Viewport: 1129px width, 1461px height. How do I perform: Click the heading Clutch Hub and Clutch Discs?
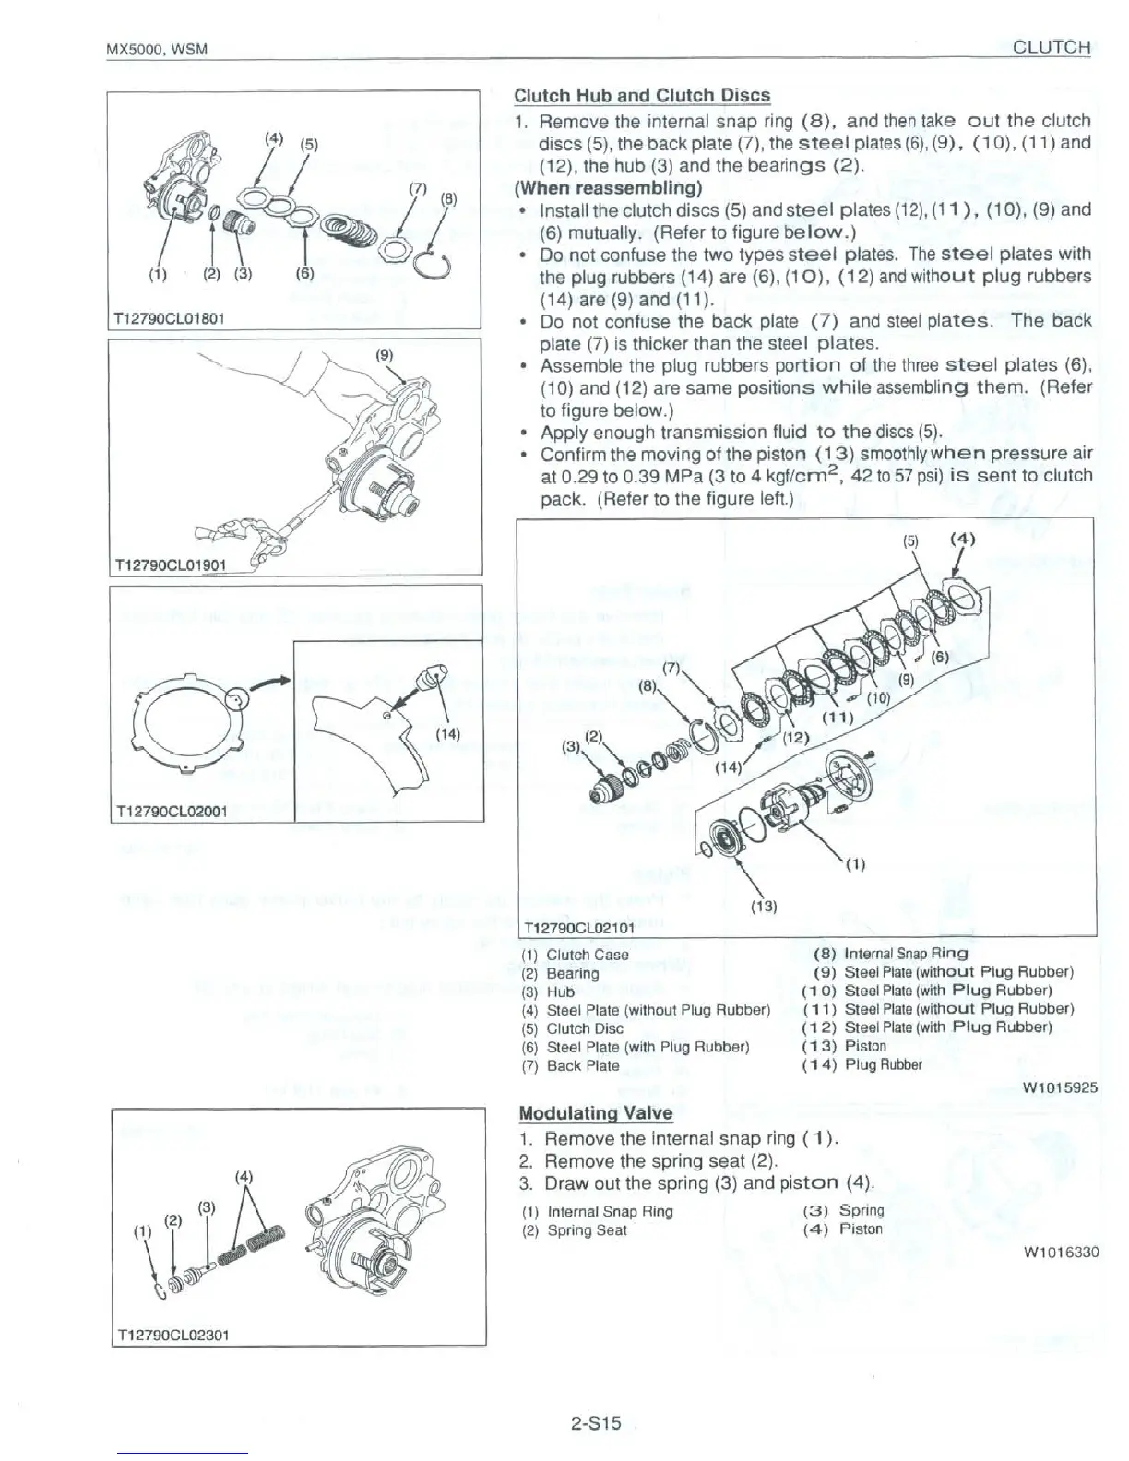(641, 96)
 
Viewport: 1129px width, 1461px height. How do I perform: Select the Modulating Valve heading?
(596, 1112)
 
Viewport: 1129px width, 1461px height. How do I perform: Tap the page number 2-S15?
(596, 1423)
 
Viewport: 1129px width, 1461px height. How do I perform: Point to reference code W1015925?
(1060, 1087)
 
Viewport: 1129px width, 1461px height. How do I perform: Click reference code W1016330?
(1060, 1253)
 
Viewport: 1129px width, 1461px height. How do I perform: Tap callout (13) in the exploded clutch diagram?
(765, 906)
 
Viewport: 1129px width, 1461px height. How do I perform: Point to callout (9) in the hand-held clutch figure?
(384, 353)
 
